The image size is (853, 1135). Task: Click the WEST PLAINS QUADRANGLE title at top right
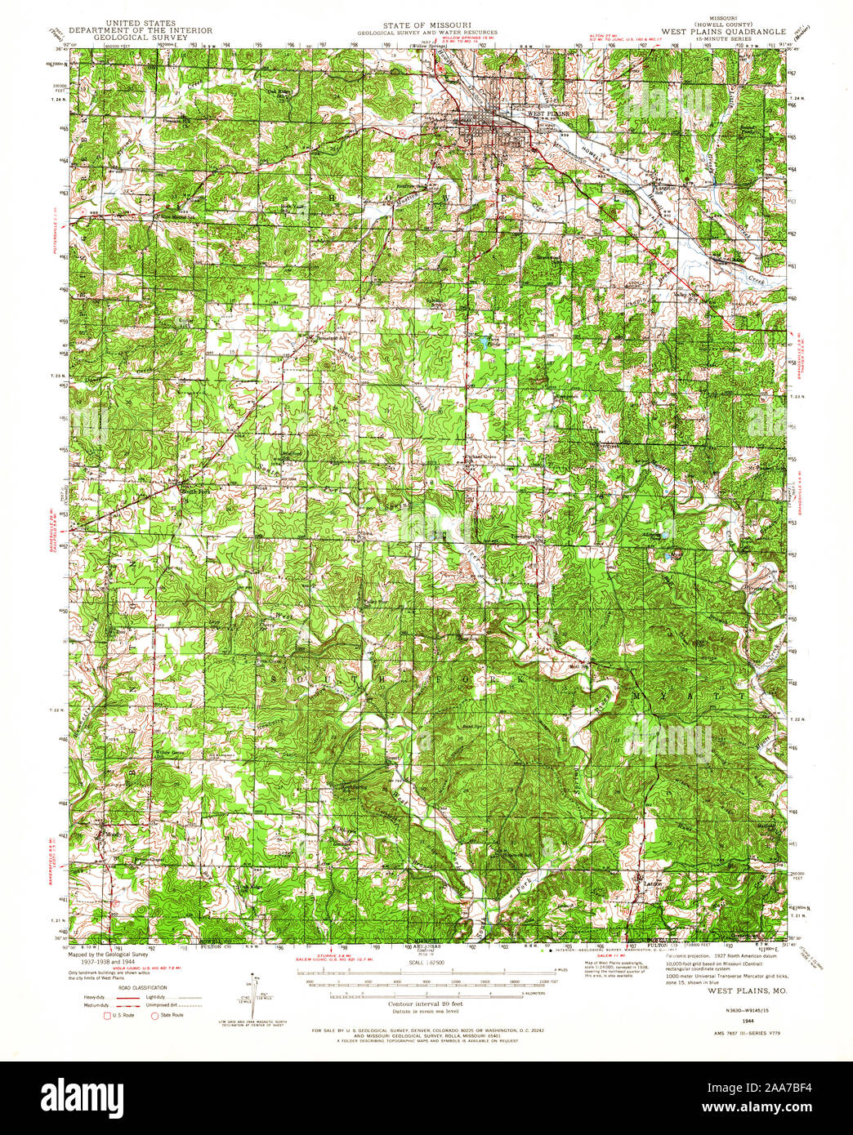click(x=723, y=32)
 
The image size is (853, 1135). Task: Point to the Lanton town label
click(x=650, y=883)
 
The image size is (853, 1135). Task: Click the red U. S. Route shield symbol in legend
click(x=106, y=1015)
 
